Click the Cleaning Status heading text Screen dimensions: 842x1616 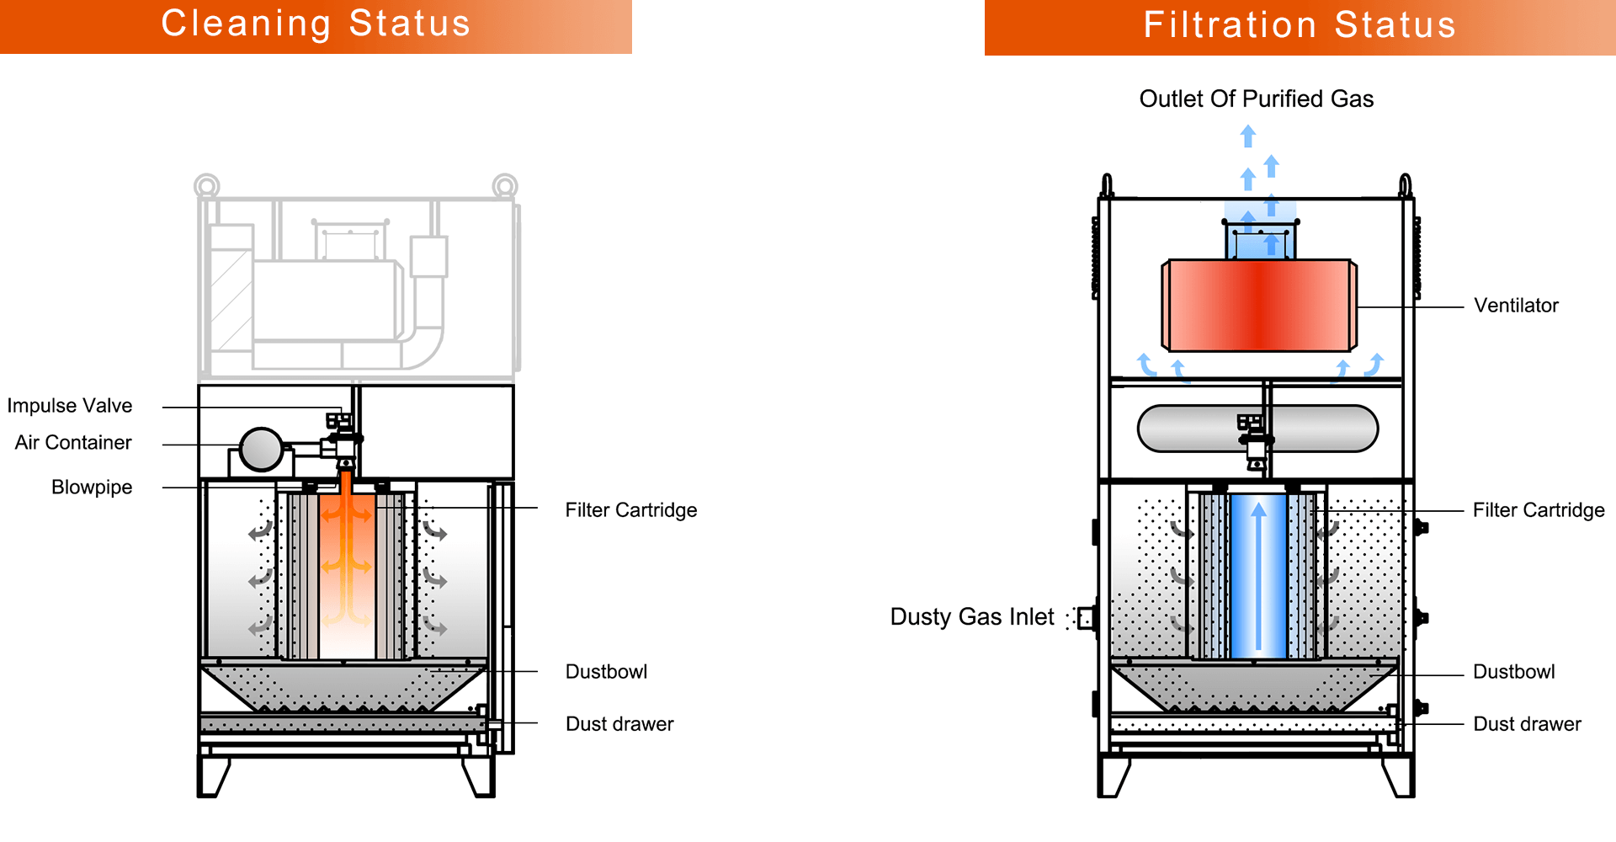(316, 24)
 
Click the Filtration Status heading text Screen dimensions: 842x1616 (1300, 25)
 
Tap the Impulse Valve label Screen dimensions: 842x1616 (70, 406)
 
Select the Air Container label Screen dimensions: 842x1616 (73, 443)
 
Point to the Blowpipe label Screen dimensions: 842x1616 (92, 488)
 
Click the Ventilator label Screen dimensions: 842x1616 (1516, 306)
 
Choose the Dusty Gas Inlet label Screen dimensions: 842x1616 (972, 617)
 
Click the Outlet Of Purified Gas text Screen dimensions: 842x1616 (1256, 99)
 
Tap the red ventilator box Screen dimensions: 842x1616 (1258, 305)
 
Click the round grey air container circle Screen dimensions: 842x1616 (261, 449)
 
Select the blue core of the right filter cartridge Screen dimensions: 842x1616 (1258, 577)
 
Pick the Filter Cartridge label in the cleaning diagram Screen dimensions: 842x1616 (631, 510)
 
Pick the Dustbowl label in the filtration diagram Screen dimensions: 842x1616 (1513, 672)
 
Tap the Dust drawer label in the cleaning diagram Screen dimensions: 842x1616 (619, 724)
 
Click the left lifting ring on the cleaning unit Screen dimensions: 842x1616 (207, 185)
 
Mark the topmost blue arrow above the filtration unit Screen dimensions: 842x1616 (1248, 136)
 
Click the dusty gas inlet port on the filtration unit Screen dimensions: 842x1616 (1087, 619)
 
